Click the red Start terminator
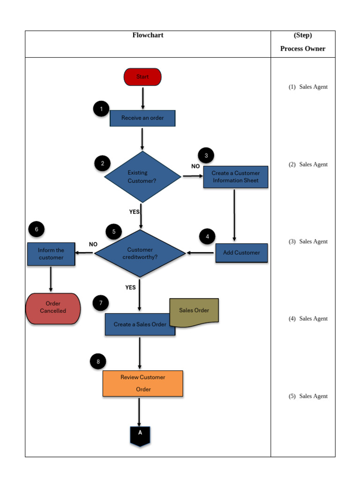coord(142,77)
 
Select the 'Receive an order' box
coord(142,118)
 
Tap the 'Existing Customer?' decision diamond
coord(142,177)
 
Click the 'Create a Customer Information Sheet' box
coord(235,177)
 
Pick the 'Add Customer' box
coord(241,253)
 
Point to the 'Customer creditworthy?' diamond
coord(140,253)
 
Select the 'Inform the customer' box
coord(51,254)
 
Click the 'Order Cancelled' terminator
coord(53,308)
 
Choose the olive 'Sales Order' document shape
coord(194,312)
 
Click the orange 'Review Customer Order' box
coord(143,383)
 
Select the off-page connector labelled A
coord(140,435)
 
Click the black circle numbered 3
coord(206,156)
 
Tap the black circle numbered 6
coord(36,229)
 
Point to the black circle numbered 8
coord(98,361)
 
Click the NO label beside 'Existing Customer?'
coord(195,166)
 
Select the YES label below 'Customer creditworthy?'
coord(131,287)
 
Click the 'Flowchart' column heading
coord(148,35)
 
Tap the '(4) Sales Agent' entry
coord(308,319)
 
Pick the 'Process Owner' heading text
coord(303,49)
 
